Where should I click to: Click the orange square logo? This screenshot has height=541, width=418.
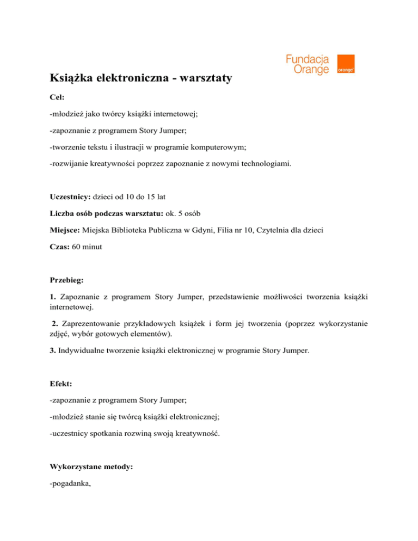pyautogui.click(x=346, y=64)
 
